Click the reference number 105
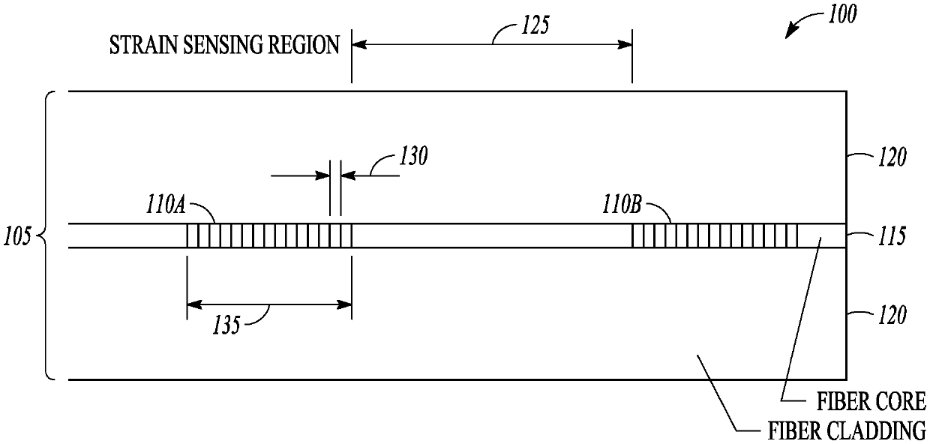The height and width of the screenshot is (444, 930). [x=17, y=237]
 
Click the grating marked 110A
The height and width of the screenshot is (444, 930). [x=268, y=235]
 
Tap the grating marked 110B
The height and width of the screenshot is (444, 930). [x=715, y=235]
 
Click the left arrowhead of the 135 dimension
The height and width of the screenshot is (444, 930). [x=192, y=304]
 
